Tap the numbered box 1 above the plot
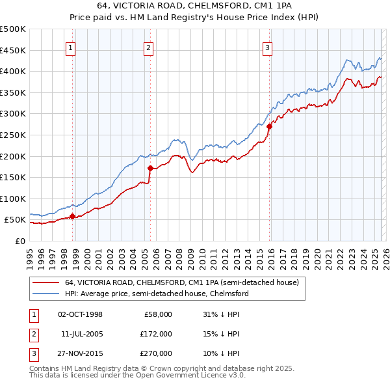[70, 48]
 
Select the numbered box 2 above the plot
[149, 48]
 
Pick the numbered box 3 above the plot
[267, 48]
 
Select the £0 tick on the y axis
[20, 241]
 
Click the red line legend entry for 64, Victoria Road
[181, 283]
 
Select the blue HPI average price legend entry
[157, 294]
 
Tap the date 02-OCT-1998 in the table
[80, 314]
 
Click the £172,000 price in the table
[157, 334]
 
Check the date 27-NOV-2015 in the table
[80, 353]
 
